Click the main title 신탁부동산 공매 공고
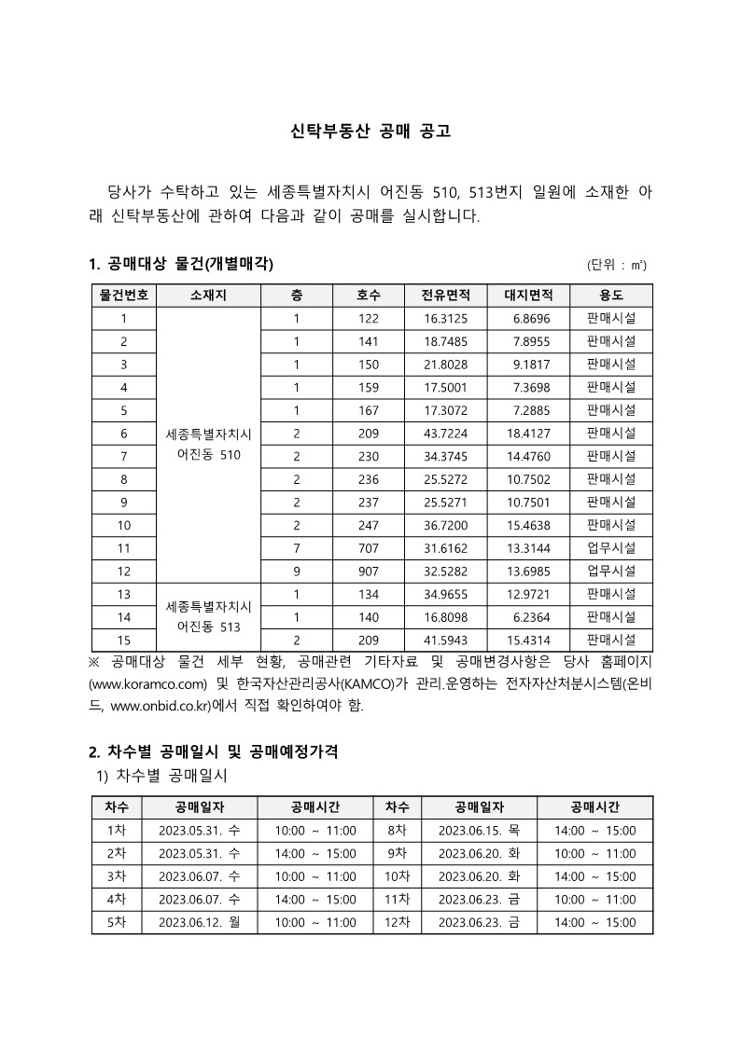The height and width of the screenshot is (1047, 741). tap(370, 131)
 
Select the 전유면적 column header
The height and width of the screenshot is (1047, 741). tap(452, 296)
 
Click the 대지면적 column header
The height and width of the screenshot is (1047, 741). tap(529, 296)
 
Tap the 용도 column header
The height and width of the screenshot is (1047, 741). tap(611, 296)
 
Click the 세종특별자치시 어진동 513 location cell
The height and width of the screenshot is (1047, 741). tap(208, 617)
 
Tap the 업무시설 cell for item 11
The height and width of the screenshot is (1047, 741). tap(611, 548)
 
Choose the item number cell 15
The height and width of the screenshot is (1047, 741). tap(124, 640)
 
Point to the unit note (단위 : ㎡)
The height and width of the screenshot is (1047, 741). tap(617, 265)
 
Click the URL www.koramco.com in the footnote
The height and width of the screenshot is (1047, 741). tap(147, 684)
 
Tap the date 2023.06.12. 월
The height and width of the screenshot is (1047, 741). tap(199, 922)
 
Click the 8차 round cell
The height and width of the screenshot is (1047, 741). tap(397, 831)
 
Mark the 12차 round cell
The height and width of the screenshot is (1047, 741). tap(397, 922)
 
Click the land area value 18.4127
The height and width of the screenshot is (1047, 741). tap(529, 434)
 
